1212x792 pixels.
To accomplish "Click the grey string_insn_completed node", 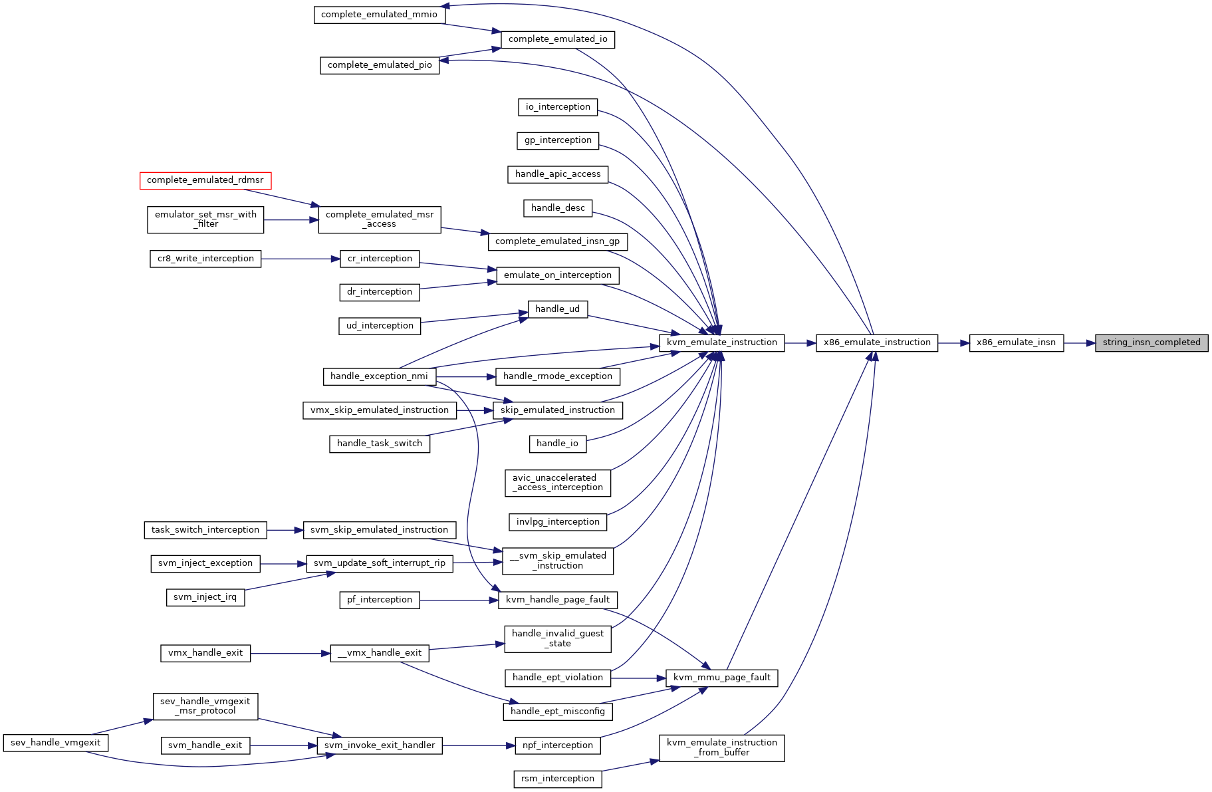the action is tap(1151, 342).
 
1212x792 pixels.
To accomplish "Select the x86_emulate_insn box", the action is tap(1016, 342).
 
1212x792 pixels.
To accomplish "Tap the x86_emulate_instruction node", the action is tap(877, 342).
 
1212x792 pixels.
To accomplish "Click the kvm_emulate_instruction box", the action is tap(721, 342).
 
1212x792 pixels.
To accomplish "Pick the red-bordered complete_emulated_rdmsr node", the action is tap(205, 180).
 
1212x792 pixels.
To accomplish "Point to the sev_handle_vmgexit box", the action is tap(56, 743).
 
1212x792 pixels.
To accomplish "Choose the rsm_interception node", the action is tap(558, 779).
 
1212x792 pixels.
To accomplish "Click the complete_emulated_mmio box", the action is tap(379, 15).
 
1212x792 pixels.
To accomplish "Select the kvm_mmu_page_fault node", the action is tap(721, 678).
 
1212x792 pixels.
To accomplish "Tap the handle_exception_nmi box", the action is tap(379, 376).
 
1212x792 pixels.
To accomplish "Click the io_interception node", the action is tap(558, 107).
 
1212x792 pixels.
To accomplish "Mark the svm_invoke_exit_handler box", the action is tap(379, 745).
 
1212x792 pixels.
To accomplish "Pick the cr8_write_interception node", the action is tap(205, 259).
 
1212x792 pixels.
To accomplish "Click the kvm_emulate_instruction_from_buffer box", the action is tap(721, 747).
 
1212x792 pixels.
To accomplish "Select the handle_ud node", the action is tap(558, 309).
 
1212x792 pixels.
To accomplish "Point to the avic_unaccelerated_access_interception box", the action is tap(558, 483).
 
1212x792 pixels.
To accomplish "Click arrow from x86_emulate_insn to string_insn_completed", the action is tap(1080, 343).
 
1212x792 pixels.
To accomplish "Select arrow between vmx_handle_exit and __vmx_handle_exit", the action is tap(291, 654).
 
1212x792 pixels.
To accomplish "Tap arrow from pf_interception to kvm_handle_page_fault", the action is tap(459, 600).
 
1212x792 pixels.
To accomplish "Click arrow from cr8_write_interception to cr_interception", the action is tap(301, 259).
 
